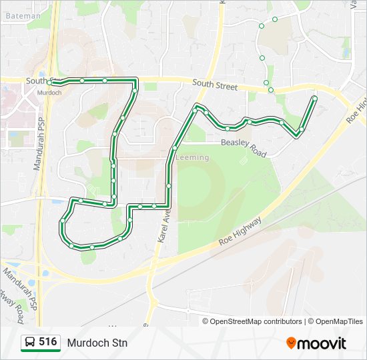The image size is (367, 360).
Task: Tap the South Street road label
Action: [x=215, y=85]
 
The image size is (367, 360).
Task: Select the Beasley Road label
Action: [x=243, y=148]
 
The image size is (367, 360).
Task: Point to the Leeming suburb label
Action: [x=193, y=157]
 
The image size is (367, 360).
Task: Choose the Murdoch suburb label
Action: [x=49, y=93]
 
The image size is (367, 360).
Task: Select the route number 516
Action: [x=47, y=342]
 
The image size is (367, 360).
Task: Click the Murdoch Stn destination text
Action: [x=97, y=343]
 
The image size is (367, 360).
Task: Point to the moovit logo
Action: [x=316, y=343]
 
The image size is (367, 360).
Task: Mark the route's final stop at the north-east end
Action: [x=314, y=99]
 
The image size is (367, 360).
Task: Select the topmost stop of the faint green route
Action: [x=275, y=19]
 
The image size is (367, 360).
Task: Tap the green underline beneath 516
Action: [x=41, y=351]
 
